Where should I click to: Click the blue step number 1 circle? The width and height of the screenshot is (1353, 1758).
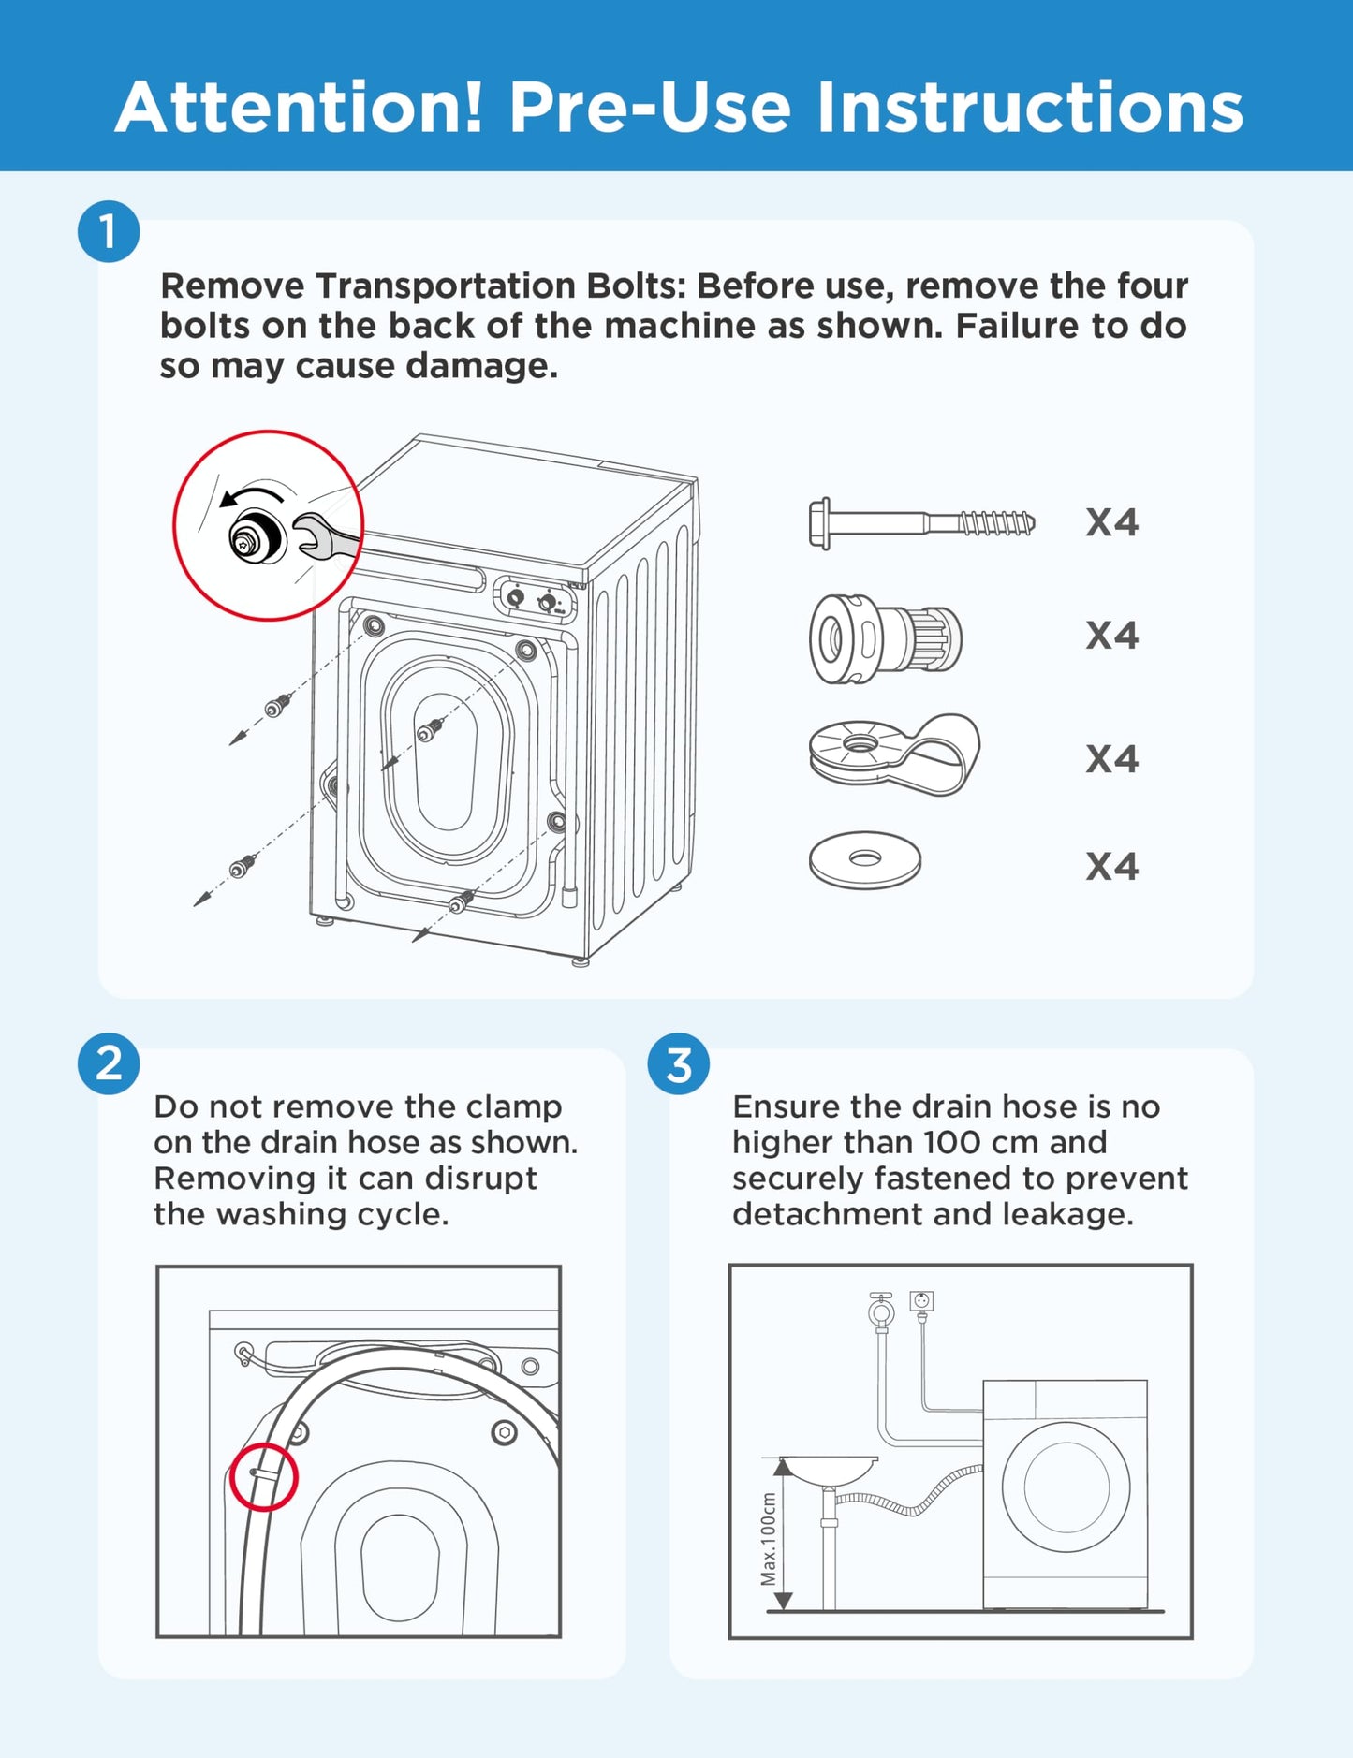point(109,231)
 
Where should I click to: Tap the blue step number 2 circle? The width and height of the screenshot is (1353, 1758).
point(109,1063)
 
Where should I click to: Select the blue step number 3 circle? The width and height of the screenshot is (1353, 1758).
point(678,1063)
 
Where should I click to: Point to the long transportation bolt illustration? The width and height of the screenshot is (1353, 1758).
point(921,523)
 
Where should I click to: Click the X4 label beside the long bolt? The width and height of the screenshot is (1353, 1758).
point(1111,523)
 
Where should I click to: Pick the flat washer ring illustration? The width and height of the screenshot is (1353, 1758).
point(864,859)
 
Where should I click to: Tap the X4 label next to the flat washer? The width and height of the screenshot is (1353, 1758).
point(1111,867)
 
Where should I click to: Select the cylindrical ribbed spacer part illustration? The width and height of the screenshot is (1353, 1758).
point(886,639)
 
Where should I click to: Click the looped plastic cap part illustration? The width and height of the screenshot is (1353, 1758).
point(894,754)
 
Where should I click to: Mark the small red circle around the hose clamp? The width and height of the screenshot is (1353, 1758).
point(264,1476)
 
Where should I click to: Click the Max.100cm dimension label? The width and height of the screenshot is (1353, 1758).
point(769,1539)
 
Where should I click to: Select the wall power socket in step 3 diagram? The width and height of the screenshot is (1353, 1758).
point(921,1301)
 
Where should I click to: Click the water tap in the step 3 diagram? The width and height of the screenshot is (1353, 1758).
point(880,1311)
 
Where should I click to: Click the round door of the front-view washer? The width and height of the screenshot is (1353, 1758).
point(1066,1487)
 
